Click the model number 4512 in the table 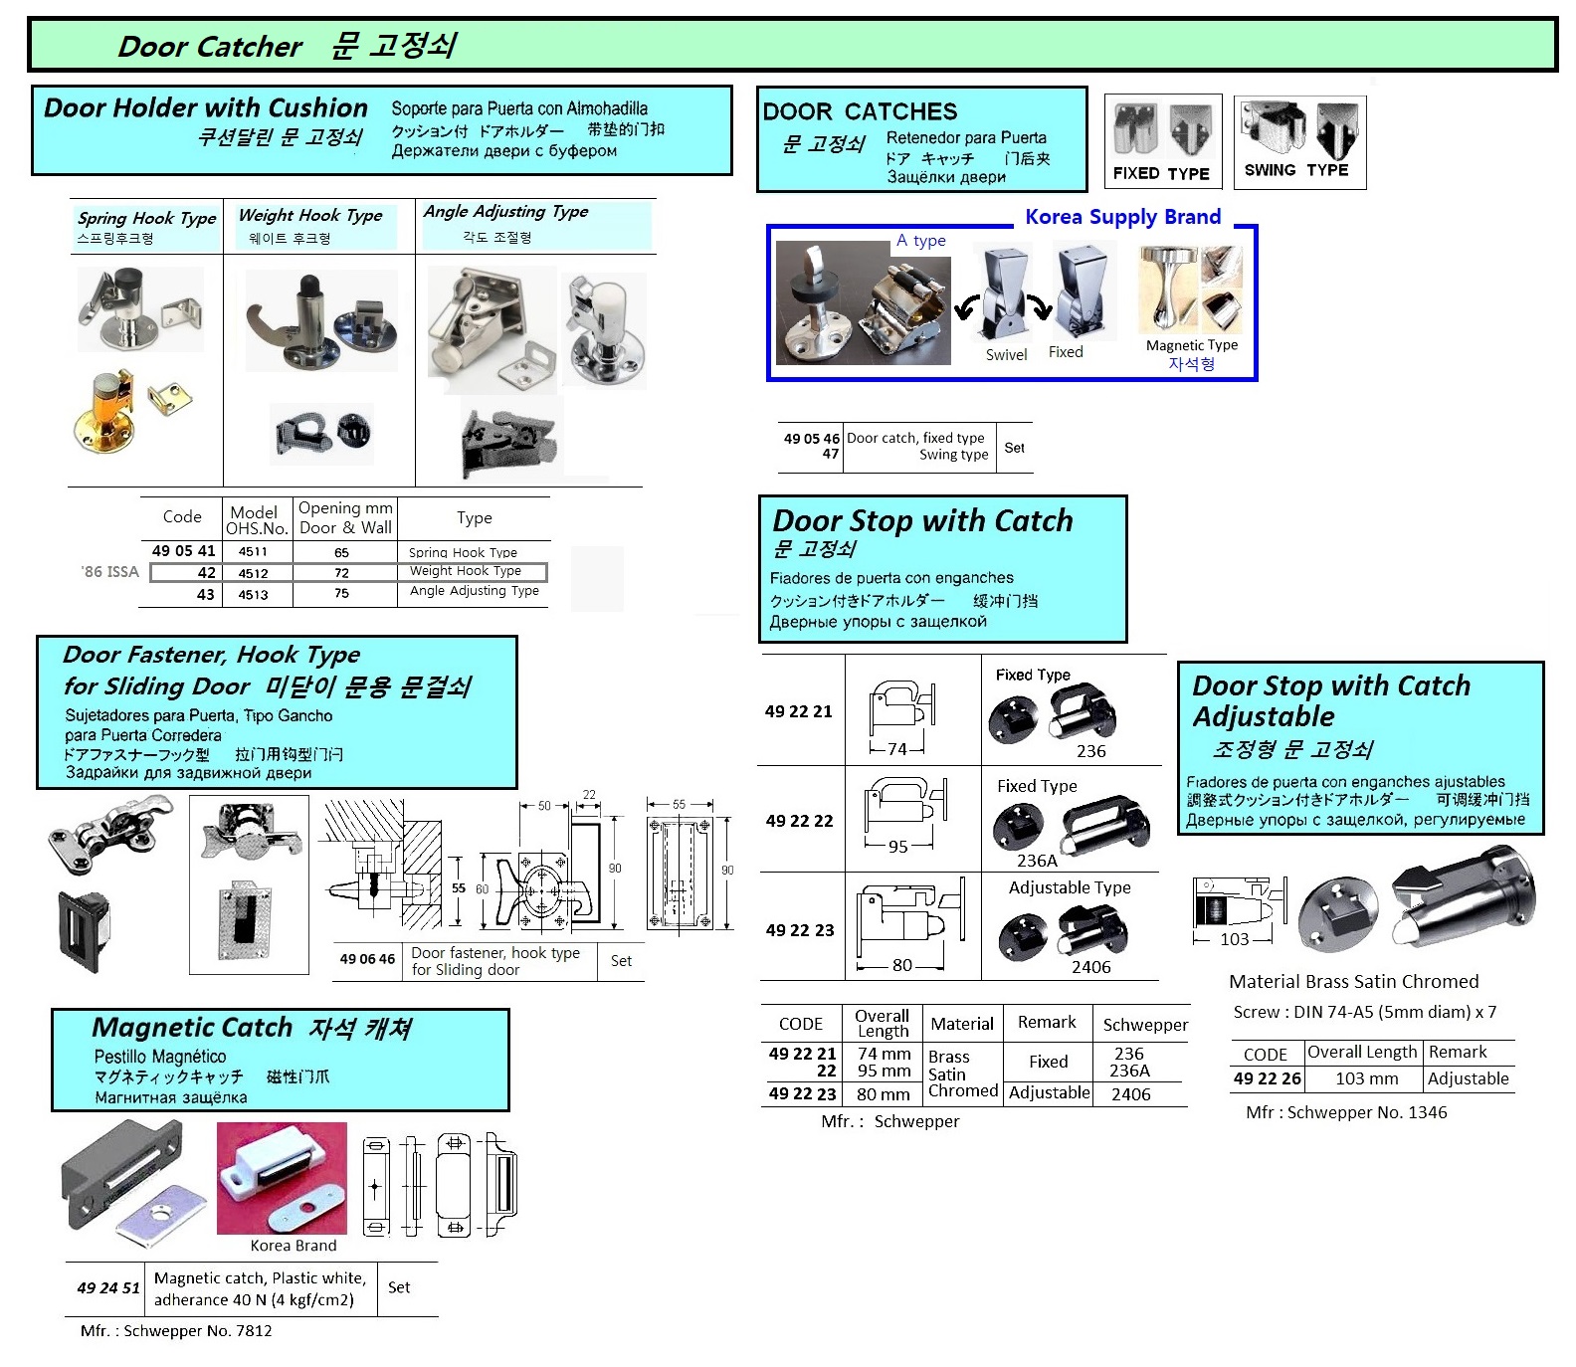[253, 573]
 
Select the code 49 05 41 [183, 551]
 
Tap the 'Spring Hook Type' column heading [146, 218]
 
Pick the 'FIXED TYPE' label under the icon [1161, 173]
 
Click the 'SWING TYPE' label [1296, 170]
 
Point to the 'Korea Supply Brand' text [1122, 217]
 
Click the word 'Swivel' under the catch [1006, 355]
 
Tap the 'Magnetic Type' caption [1192, 345]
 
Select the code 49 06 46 [367, 959]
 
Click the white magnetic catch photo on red [282, 1179]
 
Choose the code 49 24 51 [108, 1287]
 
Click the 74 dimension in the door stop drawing [897, 749]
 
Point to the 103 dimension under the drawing [1234, 939]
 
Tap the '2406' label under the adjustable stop [1090, 967]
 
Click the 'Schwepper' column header [1145, 1025]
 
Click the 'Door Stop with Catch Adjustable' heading [1330, 700]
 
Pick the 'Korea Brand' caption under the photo [294, 1246]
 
